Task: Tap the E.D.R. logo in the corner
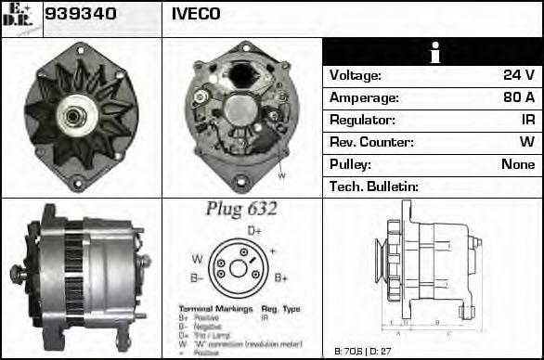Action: pyautogui.click(x=20, y=18)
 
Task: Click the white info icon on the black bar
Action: pyautogui.click(x=433, y=52)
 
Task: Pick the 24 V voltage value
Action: pyautogui.click(x=519, y=75)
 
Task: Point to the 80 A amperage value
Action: pyautogui.click(x=518, y=97)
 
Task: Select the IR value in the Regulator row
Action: pyautogui.click(x=527, y=120)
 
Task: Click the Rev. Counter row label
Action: pyautogui.click(x=371, y=142)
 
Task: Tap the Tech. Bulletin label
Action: pyautogui.click(x=374, y=186)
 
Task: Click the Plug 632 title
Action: pyautogui.click(x=241, y=209)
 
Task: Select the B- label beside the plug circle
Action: pyautogui.click(x=197, y=277)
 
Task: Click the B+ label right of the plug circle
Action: pyautogui.click(x=281, y=277)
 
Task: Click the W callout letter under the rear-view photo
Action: pyautogui.click(x=281, y=174)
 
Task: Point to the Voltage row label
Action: pyautogui.click(x=356, y=75)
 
